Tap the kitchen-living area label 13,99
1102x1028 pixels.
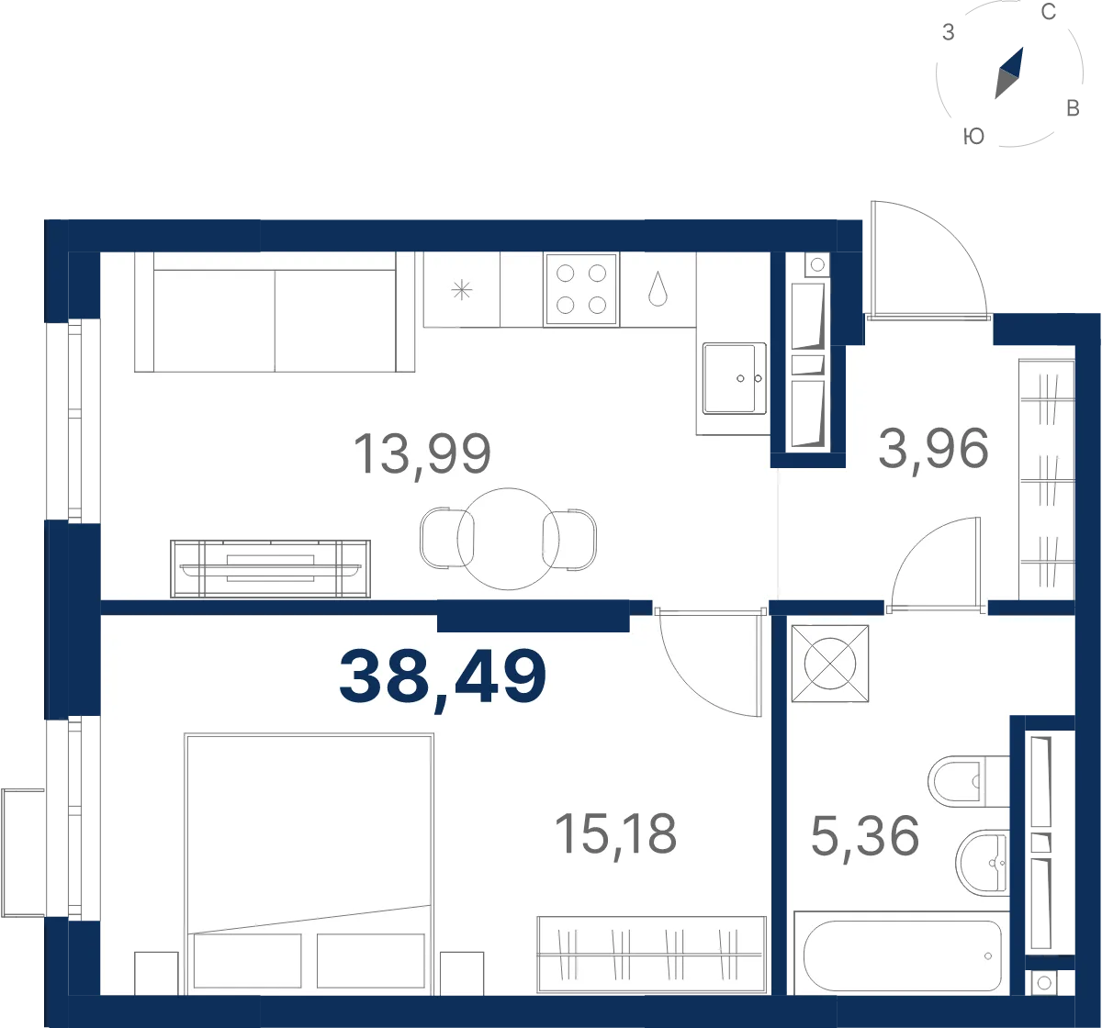pyautogui.click(x=422, y=454)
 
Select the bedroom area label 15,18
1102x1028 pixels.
pyautogui.click(x=615, y=836)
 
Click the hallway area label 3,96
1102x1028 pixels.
pyautogui.click(x=933, y=448)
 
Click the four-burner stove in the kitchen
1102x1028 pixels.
pyautogui.click(x=581, y=289)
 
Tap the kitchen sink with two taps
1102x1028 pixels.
pyautogui.click(x=734, y=378)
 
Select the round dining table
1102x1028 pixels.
pyautogui.click(x=508, y=539)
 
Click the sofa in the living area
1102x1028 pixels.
pyautogui.click(x=275, y=312)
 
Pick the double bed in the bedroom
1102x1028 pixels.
pyautogui.click(x=309, y=865)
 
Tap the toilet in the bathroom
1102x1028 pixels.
pyautogui.click(x=968, y=781)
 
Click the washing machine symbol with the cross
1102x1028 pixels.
pyautogui.click(x=829, y=664)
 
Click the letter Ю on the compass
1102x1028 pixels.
pyautogui.click(x=973, y=136)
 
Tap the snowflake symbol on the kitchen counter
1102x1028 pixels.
pyautogui.click(x=461, y=290)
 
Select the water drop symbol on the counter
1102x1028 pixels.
pyautogui.click(x=658, y=288)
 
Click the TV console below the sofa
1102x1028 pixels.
pyautogui.click(x=270, y=569)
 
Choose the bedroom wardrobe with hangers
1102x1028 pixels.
pyautogui.click(x=651, y=955)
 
